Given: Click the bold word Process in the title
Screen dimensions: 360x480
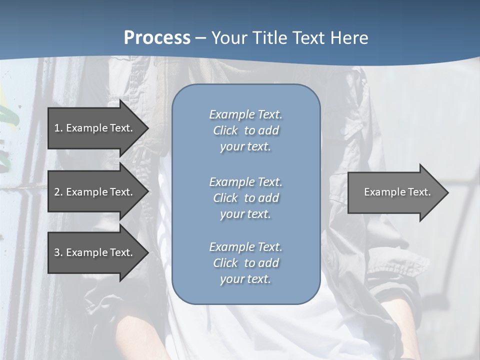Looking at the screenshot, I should coord(157,38).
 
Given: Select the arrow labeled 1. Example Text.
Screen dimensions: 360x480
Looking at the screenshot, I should coord(95,128).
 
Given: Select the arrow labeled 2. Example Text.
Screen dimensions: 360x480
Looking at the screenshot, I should coord(95,192).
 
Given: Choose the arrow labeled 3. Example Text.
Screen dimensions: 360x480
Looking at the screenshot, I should coord(95,252).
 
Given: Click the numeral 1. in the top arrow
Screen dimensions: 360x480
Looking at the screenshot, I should coord(58,128).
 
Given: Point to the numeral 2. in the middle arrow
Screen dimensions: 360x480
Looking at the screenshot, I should coord(58,192).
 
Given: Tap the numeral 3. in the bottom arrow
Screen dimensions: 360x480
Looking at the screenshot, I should coord(58,252).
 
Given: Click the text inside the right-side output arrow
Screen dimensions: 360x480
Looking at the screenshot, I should coord(397,192).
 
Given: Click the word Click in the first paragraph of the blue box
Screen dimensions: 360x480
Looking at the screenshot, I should coord(225,130).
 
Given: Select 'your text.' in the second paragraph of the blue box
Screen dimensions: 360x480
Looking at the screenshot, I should coord(245,214).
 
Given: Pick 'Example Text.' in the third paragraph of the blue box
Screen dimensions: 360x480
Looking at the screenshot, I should coord(245,247).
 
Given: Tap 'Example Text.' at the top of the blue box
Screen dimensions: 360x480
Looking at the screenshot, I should coord(245,114).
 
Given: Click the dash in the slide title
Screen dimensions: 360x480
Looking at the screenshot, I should coord(200,38).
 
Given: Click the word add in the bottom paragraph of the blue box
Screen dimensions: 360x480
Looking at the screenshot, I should coord(269,263).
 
